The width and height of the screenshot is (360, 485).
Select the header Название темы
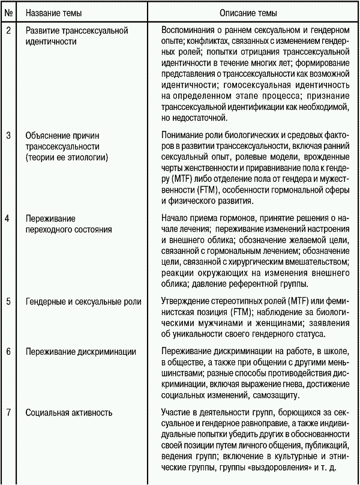coord(57,11)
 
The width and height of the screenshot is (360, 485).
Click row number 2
coord(8,28)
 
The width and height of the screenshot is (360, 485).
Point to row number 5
coord(8,301)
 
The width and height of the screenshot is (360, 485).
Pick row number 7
coord(8,412)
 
